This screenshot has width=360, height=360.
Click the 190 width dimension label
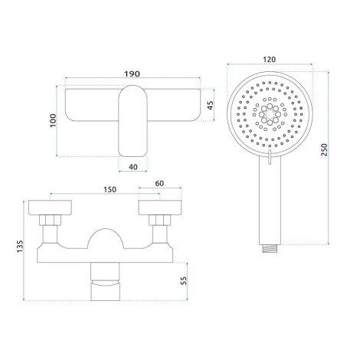(132, 74)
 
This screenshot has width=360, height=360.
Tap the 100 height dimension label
(53, 121)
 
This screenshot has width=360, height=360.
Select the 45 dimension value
(211, 105)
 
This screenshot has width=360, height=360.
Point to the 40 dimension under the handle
(133, 167)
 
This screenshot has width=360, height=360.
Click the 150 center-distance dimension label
(110, 190)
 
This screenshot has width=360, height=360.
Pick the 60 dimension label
(159, 183)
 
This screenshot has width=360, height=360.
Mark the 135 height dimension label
(20, 247)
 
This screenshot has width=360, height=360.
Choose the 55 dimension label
(184, 281)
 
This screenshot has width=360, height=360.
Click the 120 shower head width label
(270, 60)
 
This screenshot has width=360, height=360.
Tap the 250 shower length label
(324, 150)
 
